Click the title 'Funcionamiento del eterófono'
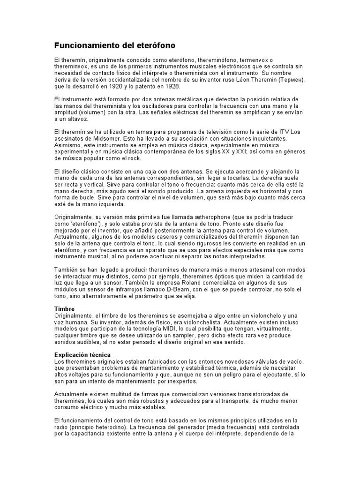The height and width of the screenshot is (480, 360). coord(115,46)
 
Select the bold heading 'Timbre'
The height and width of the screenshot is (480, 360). coord(65,309)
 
